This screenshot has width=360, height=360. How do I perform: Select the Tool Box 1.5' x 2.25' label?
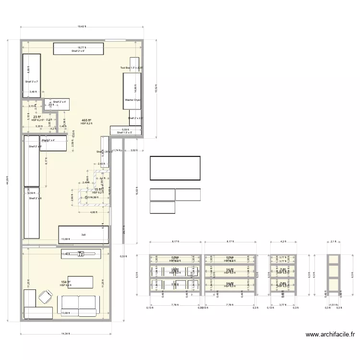(x=132, y=68)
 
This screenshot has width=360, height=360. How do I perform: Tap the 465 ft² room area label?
(x=86, y=120)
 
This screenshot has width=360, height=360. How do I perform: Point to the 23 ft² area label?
(x=37, y=117)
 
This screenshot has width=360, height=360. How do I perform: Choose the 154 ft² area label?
(x=65, y=282)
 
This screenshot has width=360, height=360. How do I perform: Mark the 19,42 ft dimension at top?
(x=82, y=26)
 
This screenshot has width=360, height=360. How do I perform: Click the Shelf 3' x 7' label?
(x=31, y=82)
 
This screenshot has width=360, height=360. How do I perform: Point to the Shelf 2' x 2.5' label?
(x=135, y=118)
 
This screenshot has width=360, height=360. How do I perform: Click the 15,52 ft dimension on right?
(x=156, y=89)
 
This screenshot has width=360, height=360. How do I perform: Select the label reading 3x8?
(x=83, y=234)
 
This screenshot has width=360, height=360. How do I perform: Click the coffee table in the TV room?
(x=80, y=282)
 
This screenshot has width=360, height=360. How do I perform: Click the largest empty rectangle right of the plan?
(x=175, y=168)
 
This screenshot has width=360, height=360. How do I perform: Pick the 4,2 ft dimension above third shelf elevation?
(x=283, y=241)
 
